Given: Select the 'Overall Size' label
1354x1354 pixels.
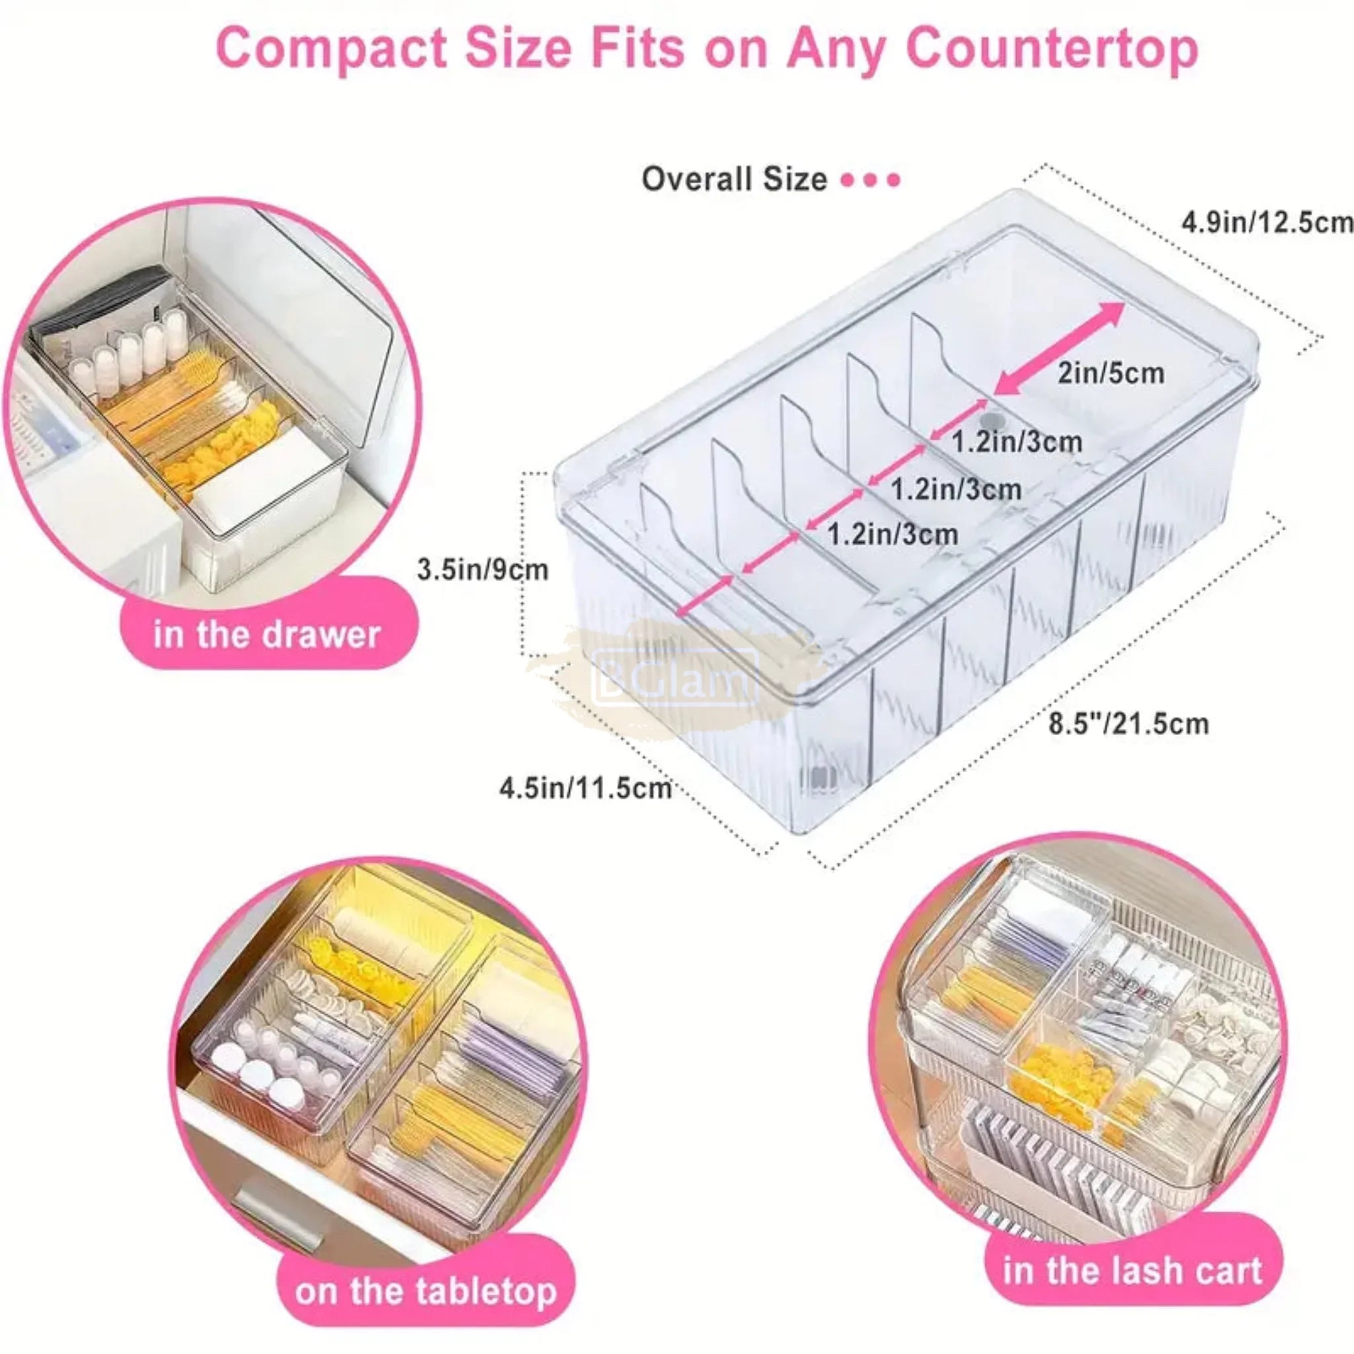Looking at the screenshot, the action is pos(734,179).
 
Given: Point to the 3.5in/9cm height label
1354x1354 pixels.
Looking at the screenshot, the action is pos(482,569).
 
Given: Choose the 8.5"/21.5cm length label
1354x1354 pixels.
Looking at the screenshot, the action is pos(1129,723).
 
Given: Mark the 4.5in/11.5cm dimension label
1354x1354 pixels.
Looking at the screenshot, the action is pos(585,789).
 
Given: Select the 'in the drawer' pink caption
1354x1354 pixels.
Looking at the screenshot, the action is pos(266,634).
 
